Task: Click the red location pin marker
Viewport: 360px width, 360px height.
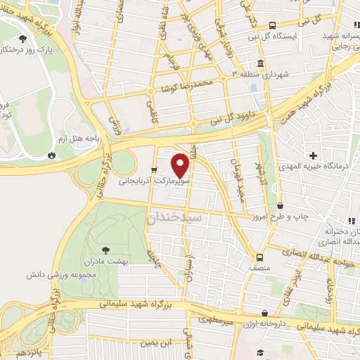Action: (181, 166)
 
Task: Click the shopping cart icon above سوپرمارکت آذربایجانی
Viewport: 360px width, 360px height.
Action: (153, 169)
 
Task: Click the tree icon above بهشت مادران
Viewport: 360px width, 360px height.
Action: (105, 250)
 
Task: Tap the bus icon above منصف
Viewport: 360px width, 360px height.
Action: (260, 257)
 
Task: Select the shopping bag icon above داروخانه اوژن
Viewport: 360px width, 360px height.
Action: (264, 314)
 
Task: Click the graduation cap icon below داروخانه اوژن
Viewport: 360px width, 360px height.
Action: (260, 352)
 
